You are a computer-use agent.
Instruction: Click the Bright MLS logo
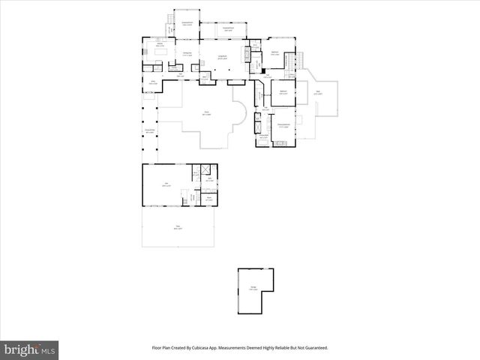click(30, 349)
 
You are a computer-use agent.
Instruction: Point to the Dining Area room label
click(187, 53)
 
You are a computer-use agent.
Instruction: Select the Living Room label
click(222, 57)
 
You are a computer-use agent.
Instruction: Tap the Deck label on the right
click(318, 93)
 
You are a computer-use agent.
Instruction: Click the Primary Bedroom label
click(283, 126)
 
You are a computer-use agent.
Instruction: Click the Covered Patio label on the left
click(150, 131)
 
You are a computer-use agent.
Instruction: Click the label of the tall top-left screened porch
click(187, 24)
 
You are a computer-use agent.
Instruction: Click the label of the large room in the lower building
click(166, 185)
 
